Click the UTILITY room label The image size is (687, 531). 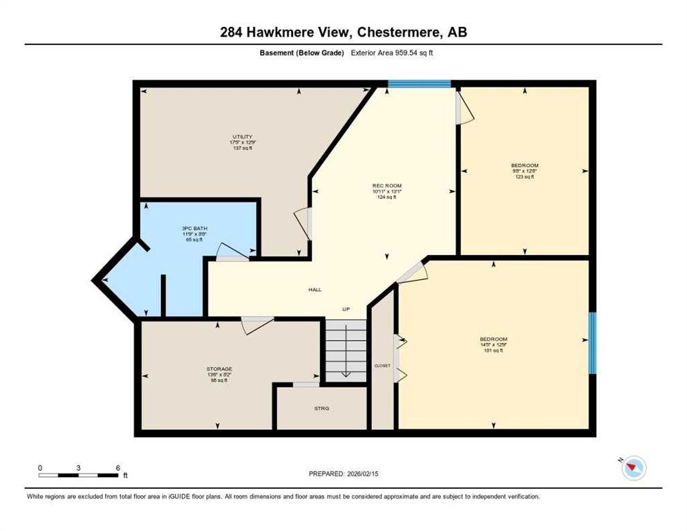click(x=242, y=136)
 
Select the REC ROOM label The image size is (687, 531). click(x=386, y=185)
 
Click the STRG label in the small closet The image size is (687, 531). click(x=321, y=409)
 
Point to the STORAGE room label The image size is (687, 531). click(x=218, y=369)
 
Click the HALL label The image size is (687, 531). click(x=314, y=290)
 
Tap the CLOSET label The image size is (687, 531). click(x=382, y=365)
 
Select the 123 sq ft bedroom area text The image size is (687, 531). click(x=525, y=177)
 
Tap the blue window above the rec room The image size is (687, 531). click(x=419, y=84)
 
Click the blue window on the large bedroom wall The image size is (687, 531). click(x=592, y=343)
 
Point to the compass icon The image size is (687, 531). click(x=632, y=468)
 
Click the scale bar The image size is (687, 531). click(x=79, y=475)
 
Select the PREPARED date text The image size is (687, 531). click(x=343, y=474)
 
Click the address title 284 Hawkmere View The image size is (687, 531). click(x=343, y=32)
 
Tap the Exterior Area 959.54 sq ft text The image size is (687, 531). click(x=395, y=53)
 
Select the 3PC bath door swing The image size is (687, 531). click(x=232, y=252)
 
